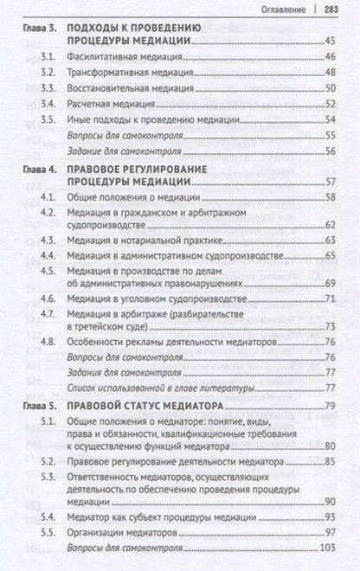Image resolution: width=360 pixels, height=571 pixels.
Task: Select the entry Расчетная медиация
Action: (x=106, y=104)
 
